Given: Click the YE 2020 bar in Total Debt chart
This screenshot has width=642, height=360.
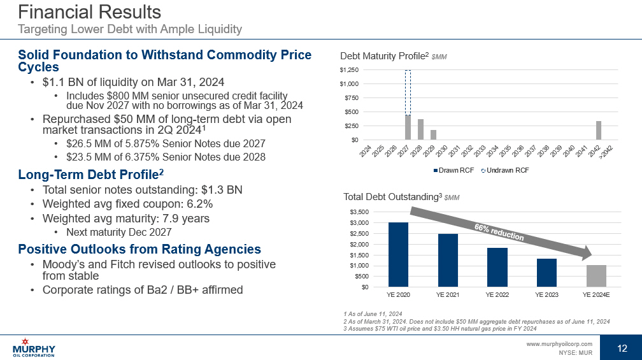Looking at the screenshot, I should (398, 254).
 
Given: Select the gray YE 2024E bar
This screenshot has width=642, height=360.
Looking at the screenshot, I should (596, 276).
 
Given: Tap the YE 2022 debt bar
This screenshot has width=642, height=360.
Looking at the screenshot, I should (497, 267).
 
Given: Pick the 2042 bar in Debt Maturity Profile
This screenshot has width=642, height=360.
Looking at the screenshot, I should (599, 131).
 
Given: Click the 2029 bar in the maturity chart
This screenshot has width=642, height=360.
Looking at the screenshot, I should (433, 135).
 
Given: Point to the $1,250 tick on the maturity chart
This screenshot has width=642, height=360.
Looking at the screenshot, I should (349, 69).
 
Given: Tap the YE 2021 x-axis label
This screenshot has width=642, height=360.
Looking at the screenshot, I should (448, 295).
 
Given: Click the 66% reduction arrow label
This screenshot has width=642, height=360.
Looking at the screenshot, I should (499, 233).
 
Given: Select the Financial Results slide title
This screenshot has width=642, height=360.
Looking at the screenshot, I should (89, 12).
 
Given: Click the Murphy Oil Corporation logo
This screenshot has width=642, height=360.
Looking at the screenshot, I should (34, 348).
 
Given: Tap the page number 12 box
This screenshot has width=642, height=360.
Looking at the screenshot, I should (622, 347).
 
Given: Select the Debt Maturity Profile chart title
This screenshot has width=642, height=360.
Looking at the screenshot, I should (385, 57).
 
